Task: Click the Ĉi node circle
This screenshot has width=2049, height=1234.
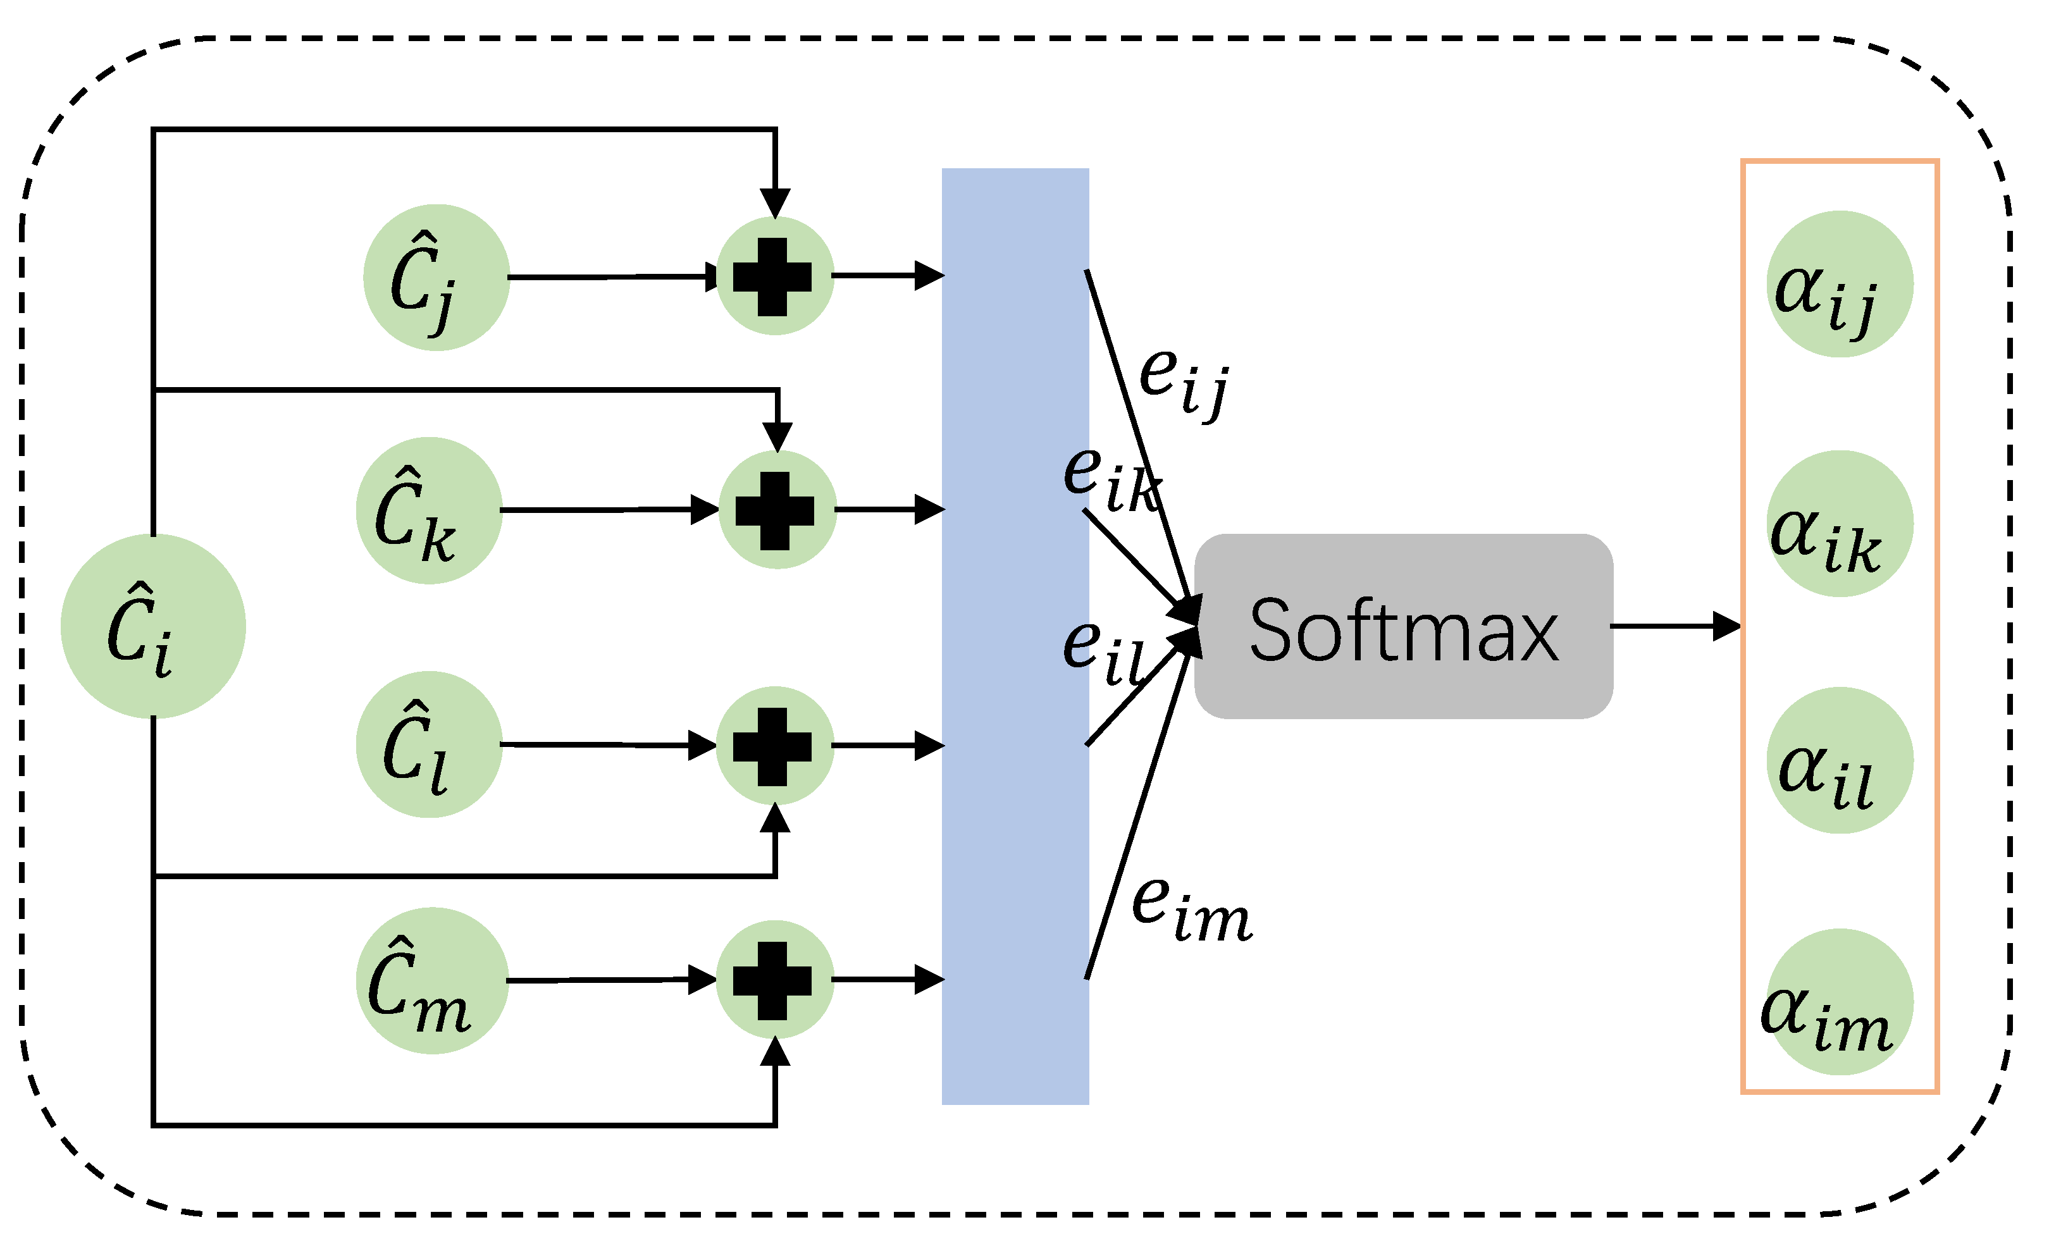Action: click(x=153, y=626)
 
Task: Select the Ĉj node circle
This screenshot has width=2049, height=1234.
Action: click(x=436, y=278)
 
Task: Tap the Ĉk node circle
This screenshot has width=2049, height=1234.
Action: click(x=429, y=510)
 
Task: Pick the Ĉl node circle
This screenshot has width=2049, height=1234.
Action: click(x=429, y=744)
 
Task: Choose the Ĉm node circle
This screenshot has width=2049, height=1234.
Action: click(x=433, y=980)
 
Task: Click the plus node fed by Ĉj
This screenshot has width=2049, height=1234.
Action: click(x=774, y=276)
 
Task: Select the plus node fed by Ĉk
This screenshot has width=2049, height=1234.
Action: click(x=777, y=510)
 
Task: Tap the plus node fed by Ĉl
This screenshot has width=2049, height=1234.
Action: click(x=774, y=746)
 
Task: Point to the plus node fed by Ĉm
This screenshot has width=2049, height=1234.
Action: click(x=774, y=980)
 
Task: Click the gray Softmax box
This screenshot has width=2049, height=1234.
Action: click(x=1404, y=626)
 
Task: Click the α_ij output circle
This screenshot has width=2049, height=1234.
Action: click(x=1840, y=285)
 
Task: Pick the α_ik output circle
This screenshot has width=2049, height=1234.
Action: click(x=1840, y=524)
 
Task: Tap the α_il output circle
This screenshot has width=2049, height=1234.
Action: click(x=1840, y=760)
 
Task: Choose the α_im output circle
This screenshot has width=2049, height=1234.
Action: click(x=1840, y=1001)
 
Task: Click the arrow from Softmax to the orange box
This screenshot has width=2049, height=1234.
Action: click(x=1676, y=626)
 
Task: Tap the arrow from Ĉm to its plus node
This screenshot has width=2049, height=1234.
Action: click(x=611, y=980)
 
